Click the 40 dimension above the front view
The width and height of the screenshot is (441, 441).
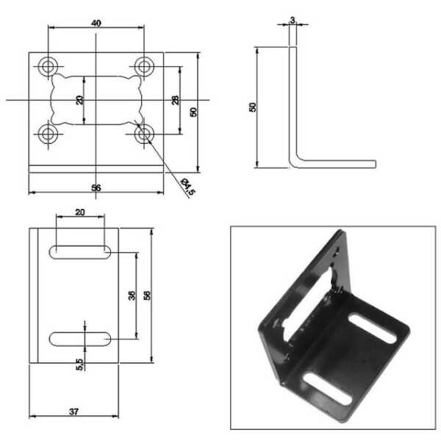pyautogui.click(x=96, y=24)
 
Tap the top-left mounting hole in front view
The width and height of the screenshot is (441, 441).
pyautogui.click(x=48, y=66)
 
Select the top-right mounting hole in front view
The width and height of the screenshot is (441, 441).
pyautogui.click(x=144, y=66)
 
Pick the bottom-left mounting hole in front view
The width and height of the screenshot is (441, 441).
pyautogui.click(x=48, y=134)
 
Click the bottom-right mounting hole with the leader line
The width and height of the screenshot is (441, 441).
pyautogui.click(x=144, y=134)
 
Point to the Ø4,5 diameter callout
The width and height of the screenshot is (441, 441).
pyautogui.click(x=188, y=186)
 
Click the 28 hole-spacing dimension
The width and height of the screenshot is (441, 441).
pyautogui.click(x=175, y=100)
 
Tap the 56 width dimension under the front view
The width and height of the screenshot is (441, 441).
pyautogui.click(x=96, y=187)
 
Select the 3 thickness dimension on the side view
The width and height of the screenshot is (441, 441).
pyautogui.click(x=293, y=21)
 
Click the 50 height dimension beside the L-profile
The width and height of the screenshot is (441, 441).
pyautogui.click(x=253, y=107)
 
